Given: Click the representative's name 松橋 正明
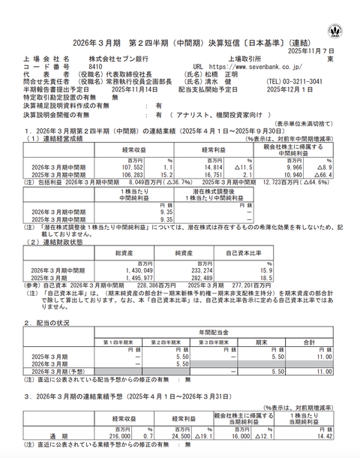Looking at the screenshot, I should click(224, 74).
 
